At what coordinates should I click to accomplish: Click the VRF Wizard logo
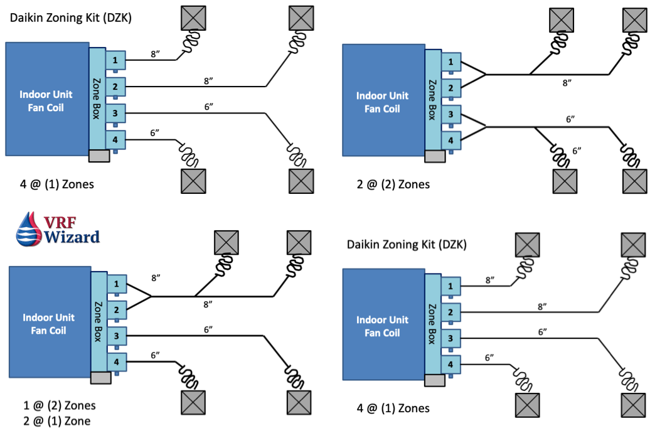57,229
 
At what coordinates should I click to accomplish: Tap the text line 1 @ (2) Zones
57,405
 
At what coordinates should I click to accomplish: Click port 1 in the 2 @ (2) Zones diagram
450,62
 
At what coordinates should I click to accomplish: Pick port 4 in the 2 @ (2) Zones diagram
450,139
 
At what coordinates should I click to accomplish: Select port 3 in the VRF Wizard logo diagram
116,336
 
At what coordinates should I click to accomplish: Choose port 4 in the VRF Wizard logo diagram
116,362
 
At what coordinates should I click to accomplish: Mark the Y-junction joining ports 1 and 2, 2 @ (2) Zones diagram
486,75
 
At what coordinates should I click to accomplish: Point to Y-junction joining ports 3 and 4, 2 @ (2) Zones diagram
486,127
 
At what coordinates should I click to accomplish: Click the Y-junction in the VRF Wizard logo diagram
151,296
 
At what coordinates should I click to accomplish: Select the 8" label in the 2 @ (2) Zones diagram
568,82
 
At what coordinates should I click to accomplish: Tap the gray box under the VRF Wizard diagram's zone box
101,378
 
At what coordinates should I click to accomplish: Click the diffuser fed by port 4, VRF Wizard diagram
193,400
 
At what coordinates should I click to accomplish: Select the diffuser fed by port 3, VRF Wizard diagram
298,400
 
